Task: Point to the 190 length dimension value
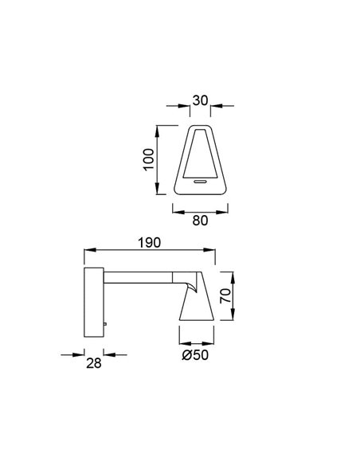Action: [151, 241]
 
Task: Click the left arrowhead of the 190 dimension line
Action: [86, 252]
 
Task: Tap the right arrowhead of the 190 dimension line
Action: [215, 252]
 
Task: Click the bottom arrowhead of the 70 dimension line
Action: [234, 320]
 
